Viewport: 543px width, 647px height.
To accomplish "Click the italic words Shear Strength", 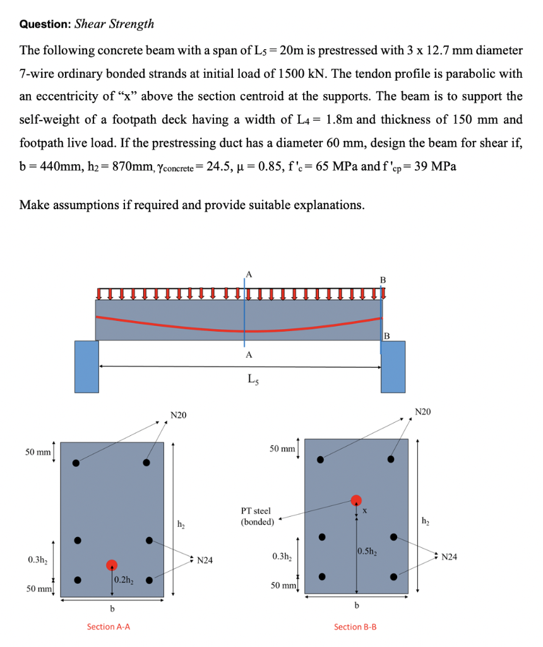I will tap(114, 25).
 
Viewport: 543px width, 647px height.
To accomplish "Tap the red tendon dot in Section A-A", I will tap(112, 564).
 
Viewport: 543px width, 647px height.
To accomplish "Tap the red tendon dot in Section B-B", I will tap(356, 500).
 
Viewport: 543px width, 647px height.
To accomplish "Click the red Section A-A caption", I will tap(109, 627).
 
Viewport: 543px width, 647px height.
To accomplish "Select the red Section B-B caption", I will tap(355, 627).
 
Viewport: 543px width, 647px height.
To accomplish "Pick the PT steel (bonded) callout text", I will tap(257, 516).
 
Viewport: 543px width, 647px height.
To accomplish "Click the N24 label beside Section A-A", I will tap(205, 559).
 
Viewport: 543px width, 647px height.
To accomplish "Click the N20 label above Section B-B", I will tap(423, 412).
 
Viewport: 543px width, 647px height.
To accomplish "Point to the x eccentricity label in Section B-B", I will tap(364, 509).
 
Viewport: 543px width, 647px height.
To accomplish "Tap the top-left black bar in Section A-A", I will tap(76, 463).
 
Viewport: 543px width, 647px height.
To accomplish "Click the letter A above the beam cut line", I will tap(248, 274).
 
